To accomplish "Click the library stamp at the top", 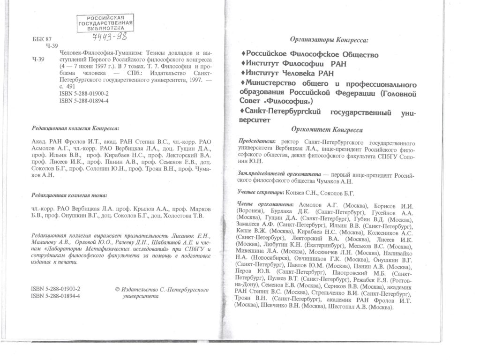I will (x=105, y=22).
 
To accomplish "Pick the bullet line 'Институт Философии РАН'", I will (x=291, y=64).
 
